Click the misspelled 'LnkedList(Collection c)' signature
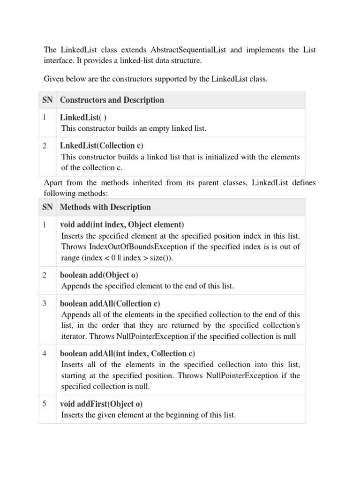[x=102, y=146]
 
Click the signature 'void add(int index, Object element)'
[x=122, y=225]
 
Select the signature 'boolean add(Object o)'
[x=99, y=275]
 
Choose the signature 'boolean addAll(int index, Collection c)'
[x=127, y=354]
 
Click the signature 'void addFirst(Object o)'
[x=101, y=404]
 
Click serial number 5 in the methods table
[x=44, y=404]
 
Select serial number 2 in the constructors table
[x=44, y=146]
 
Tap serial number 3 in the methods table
[x=44, y=303]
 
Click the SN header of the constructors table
[x=47, y=100]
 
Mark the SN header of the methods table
[x=47, y=207]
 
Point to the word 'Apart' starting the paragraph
[x=53, y=183]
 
